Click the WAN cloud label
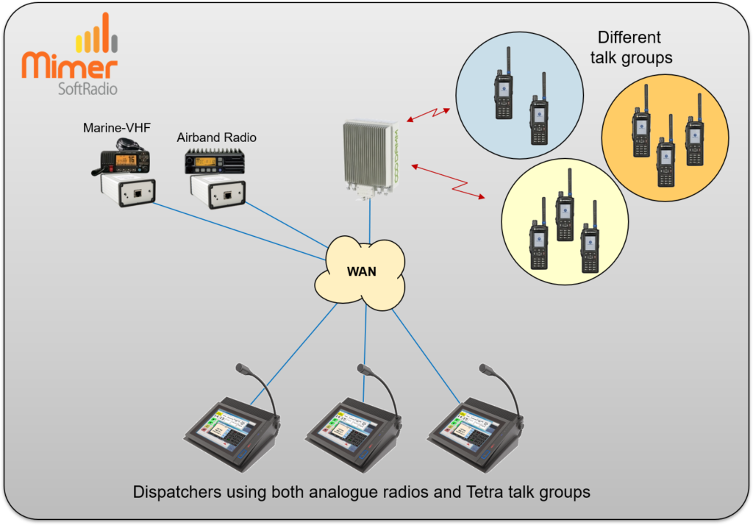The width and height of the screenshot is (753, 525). [x=361, y=271]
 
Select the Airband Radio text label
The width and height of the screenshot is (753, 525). [x=217, y=137]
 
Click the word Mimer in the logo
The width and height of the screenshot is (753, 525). [x=70, y=65]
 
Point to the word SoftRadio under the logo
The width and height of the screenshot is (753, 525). [x=86, y=89]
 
